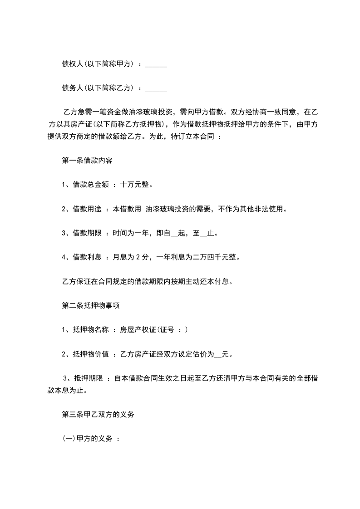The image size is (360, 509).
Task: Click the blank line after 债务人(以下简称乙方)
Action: [x=156, y=88]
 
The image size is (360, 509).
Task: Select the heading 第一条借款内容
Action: [x=87, y=161]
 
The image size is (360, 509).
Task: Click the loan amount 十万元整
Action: [x=136, y=185]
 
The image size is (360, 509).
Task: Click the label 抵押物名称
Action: [x=91, y=330]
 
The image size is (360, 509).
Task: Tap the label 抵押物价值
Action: [x=91, y=354]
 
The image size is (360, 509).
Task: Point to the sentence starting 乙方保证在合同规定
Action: [x=147, y=281]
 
